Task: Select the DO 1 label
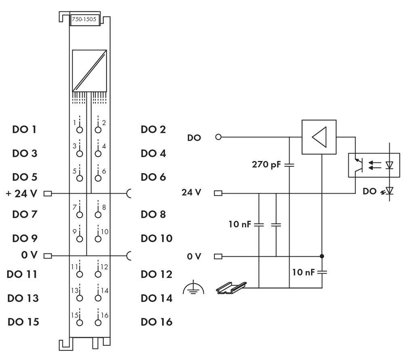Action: tap(23, 130)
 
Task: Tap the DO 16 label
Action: tap(156, 322)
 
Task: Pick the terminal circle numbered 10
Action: tap(98, 239)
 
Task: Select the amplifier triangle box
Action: tap(319, 137)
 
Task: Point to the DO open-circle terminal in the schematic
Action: tap(219, 137)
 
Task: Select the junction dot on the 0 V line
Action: tap(322, 256)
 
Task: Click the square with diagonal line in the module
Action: tap(89, 70)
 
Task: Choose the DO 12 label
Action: tap(156, 274)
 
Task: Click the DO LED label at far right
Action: tap(369, 192)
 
